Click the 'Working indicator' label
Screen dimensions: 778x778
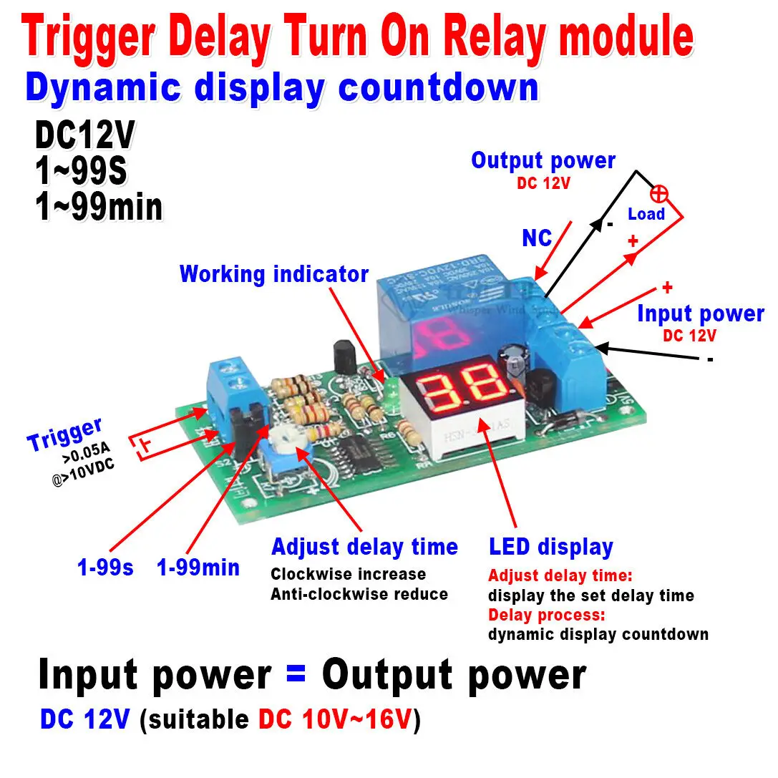(274, 274)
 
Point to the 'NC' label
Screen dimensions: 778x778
(537, 238)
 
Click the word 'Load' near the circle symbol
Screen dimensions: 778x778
(646, 214)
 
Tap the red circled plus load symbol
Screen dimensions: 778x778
(658, 193)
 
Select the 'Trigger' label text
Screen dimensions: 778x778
(65, 434)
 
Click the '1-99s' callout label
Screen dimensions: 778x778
(105, 568)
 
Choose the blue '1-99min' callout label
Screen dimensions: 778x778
(198, 568)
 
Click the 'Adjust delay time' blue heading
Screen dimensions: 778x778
(364, 548)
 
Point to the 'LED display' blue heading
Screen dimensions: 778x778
(551, 548)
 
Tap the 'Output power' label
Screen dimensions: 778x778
(543, 161)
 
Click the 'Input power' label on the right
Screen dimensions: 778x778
(700, 313)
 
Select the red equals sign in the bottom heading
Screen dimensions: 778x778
(296, 675)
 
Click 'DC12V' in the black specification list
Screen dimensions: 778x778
(84, 135)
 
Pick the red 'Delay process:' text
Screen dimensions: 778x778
(547, 615)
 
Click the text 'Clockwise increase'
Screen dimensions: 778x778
(348, 574)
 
